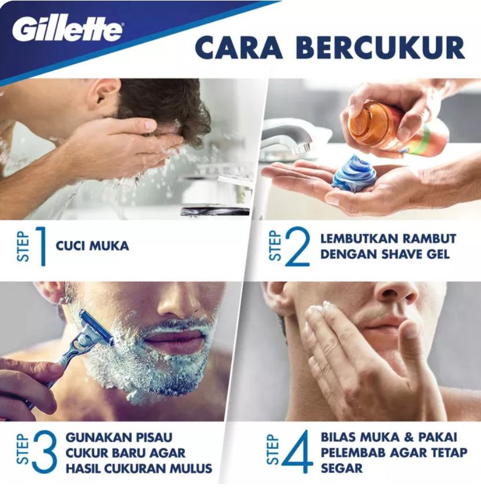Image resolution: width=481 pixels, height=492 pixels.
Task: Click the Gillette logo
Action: tap(67, 29)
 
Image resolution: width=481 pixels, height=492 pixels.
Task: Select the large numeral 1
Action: tap(40, 246)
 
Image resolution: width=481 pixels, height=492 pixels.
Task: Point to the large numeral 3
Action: tap(45, 453)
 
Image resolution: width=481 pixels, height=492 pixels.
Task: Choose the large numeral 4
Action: tap(297, 453)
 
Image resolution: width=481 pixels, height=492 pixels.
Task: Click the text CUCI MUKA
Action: tap(92, 246)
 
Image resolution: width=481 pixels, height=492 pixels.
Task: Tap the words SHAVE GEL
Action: tap(413, 254)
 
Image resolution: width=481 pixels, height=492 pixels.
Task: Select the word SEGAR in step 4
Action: tap(342, 468)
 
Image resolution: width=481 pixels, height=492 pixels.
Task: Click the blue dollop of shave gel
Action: tap(354, 173)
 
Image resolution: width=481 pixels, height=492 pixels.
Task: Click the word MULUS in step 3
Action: tap(192, 468)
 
